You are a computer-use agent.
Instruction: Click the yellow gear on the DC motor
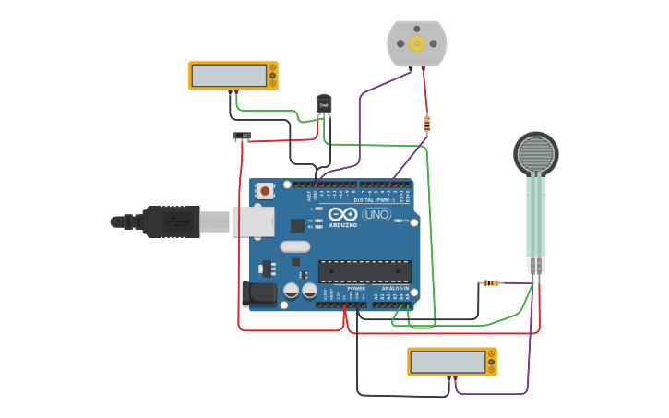[417, 43]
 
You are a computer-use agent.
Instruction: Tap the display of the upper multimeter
[228, 75]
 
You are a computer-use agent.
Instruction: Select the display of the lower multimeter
[447, 362]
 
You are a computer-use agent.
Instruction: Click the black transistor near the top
[324, 105]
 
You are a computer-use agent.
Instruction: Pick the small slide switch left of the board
[242, 137]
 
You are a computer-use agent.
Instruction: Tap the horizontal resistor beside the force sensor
[491, 282]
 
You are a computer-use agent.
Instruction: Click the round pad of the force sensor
[535, 154]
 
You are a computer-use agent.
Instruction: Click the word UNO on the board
[376, 215]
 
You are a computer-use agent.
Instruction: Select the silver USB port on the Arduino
[253, 221]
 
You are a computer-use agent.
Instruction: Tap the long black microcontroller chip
[364, 271]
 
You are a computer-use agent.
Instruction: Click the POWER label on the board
[356, 289]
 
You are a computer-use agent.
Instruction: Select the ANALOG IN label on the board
[395, 289]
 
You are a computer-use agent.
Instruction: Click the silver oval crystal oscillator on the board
[294, 246]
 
